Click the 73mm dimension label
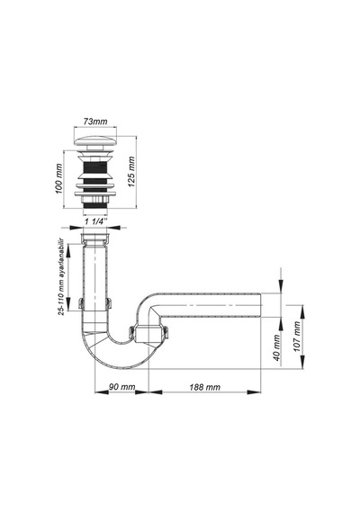(95, 121)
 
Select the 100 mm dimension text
(58, 178)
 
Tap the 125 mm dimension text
(131, 172)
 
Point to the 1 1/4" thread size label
(96, 221)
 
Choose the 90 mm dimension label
(121, 387)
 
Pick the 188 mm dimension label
(205, 387)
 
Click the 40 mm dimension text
(277, 347)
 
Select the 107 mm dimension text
(297, 337)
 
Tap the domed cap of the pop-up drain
(95, 141)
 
